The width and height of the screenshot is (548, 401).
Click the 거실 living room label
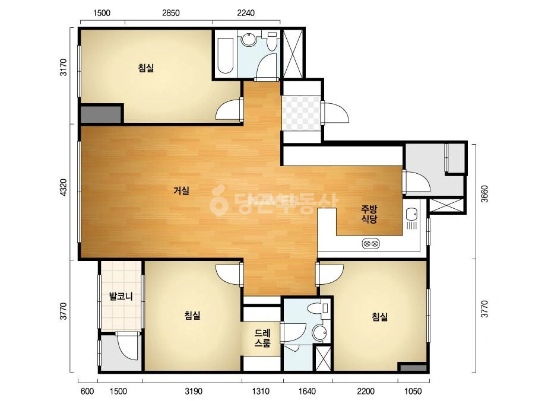[182, 191]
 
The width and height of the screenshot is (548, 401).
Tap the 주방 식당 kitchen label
[369, 214]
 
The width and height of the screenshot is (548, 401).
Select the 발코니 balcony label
[121, 297]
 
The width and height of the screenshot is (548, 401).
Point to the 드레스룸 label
[262, 338]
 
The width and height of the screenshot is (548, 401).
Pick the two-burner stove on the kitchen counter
[371, 243]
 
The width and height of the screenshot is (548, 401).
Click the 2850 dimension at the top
[170, 13]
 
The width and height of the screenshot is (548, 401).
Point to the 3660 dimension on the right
[484, 194]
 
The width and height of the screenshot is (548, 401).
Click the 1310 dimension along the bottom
[261, 391]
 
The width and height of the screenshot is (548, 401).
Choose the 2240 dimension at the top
[246, 13]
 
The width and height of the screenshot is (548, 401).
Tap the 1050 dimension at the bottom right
[413, 391]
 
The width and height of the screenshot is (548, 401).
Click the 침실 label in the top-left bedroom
[145, 68]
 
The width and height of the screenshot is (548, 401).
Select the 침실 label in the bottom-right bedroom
[379, 317]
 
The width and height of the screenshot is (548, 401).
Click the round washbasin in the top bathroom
[249, 39]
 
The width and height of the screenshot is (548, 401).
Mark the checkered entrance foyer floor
[301, 113]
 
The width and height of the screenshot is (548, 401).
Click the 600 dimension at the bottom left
[87, 391]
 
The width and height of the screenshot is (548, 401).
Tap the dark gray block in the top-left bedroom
[101, 114]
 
